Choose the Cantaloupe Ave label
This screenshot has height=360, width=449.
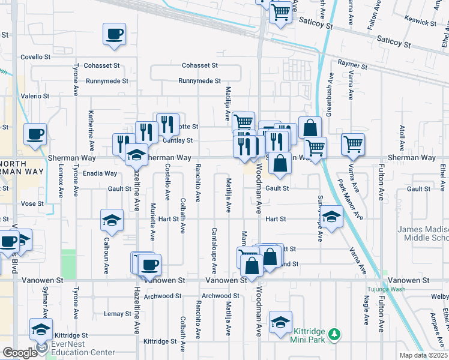[213, 248]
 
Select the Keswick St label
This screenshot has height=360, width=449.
[420, 22]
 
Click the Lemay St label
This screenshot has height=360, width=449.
[118, 314]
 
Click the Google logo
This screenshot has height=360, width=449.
[20, 353]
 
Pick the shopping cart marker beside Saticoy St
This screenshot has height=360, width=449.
[280, 11]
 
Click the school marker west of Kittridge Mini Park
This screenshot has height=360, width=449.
[280, 322]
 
